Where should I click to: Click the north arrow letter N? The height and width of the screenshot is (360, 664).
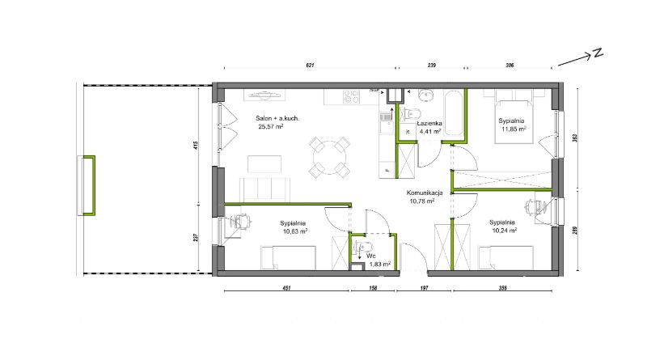click(x=598, y=53)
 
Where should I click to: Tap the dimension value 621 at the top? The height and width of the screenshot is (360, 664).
click(x=310, y=66)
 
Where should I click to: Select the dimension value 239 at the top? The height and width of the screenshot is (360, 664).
click(x=432, y=66)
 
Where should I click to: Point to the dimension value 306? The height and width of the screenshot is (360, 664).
click(x=510, y=66)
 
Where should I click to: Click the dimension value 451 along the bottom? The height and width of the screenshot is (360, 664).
click(x=286, y=288)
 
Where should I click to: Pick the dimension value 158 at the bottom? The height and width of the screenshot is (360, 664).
click(x=373, y=288)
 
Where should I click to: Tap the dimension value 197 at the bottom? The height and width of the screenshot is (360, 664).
click(x=424, y=288)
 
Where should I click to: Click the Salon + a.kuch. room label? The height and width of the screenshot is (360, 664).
click(x=277, y=118)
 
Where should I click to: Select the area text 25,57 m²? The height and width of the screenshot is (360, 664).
click(x=271, y=126)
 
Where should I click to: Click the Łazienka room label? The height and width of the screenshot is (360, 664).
click(x=429, y=123)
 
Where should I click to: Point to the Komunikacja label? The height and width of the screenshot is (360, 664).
click(x=425, y=193)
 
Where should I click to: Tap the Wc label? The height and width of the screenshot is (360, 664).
click(x=371, y=256)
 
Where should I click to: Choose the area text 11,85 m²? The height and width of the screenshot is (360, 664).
click(x=514, y=129)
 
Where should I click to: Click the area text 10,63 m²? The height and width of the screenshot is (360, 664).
click(x=295, y=231)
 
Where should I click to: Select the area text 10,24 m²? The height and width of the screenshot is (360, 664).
click(x=505, y=231)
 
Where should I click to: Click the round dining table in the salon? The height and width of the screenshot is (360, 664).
click(x=329, y=157)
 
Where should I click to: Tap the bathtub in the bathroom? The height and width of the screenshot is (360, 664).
click(x=454, y=112)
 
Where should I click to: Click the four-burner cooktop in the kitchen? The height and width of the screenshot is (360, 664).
click(x=352, y=96)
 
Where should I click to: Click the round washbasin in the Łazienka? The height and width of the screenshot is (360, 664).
click(x=426, y=95)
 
